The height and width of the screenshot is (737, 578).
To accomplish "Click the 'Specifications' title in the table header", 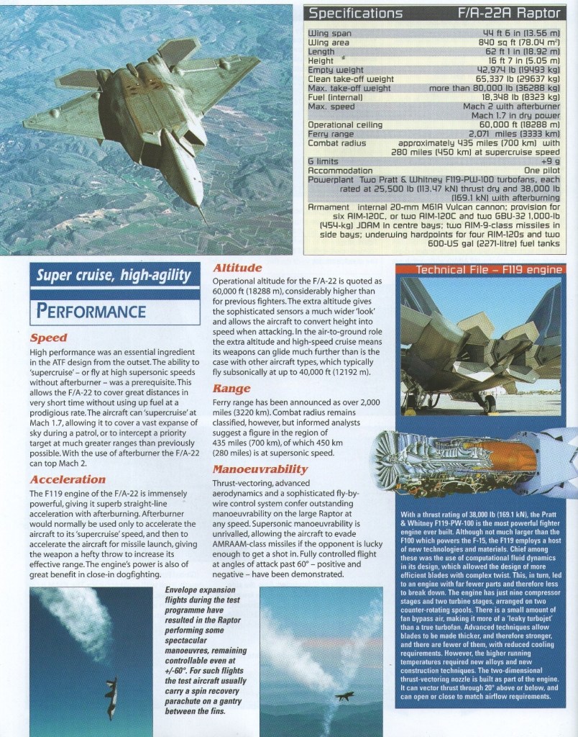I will [355, 13].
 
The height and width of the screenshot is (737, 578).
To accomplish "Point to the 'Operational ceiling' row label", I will [340, 125].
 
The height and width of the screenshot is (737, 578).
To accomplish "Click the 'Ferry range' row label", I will [331, 134].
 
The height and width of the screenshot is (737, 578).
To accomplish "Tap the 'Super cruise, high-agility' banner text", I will [114, 276].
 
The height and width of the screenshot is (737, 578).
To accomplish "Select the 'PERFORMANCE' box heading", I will [91, 311].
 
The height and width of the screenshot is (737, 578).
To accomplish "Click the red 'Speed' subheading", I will [49, 338].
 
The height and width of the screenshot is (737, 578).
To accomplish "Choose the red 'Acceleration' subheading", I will [68, 479].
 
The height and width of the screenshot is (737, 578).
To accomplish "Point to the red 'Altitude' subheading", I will [237, 268].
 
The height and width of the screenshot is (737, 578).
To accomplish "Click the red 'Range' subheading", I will [231, 389].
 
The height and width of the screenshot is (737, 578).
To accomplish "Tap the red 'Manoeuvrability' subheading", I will [260, 470].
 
